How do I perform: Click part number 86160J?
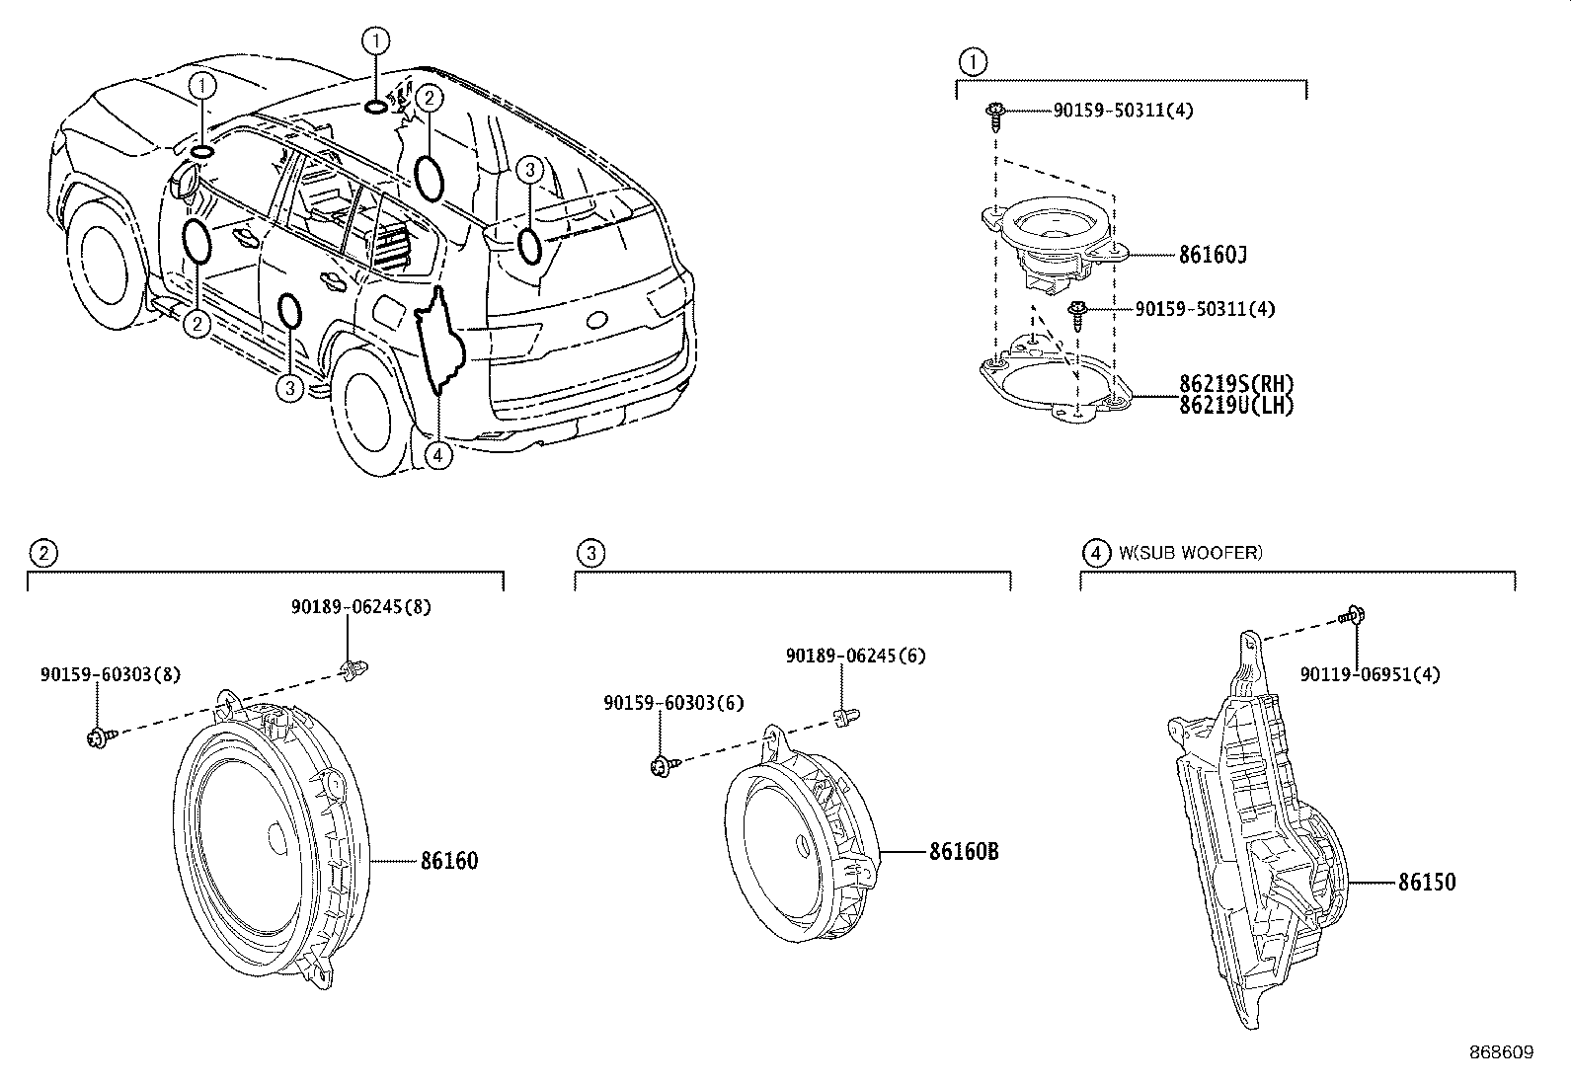pyautogui.click(x=1213, y=256)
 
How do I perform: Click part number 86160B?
pyautogui.click(x=963, y=851)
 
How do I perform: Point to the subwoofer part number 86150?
pyautogui.click(x=1426, y=883)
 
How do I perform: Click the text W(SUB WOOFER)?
pyautogui.click(x=1190, y=553)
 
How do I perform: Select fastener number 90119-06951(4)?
pyautogui.click(x=1370, y=675)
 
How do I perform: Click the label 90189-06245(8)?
pyautogui.click(x=360, y=608)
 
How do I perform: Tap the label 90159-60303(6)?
pyautogui.click(x=674, y=704)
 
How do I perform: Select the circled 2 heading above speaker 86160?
pyautogui.click(x=40, y=553)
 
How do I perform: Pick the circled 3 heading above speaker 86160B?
pyautogui.click(x=589, y=553)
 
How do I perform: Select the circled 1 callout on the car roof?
pyautogui.click(x=375, y=40)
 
